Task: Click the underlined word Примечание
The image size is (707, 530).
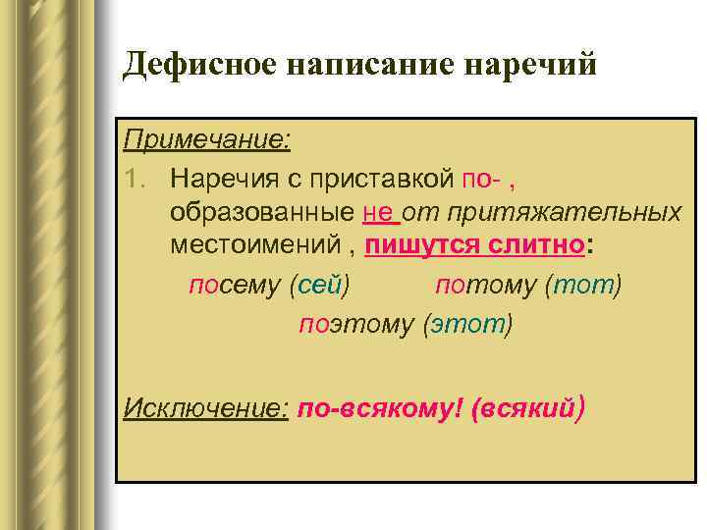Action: tap(207, 139)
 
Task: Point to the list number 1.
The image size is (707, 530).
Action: tap(136, 178)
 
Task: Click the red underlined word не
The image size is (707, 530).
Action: tap(377, 212)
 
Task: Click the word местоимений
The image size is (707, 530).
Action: tap(258, 246)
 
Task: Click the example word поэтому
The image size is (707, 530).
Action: tap(355, 323)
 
